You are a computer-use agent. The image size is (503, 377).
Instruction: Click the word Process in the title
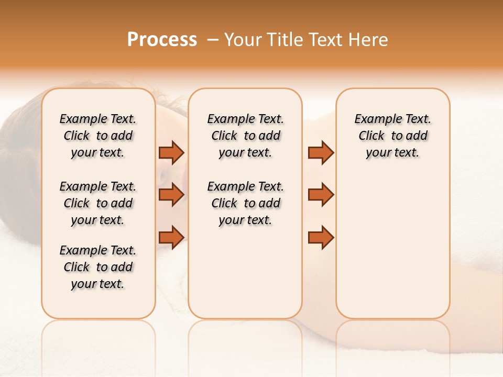tap(162, 40)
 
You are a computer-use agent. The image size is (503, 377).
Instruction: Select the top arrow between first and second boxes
tap(171, 152)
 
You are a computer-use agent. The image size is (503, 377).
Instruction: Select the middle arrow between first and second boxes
tap(171, 195)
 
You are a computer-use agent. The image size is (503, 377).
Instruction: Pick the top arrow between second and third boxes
tap(321, 152)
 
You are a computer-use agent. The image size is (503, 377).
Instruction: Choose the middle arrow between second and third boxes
tap(321, 195)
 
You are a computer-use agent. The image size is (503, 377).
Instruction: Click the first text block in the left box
tap(98, 136)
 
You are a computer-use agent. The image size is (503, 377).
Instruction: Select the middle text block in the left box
tap(98, 203)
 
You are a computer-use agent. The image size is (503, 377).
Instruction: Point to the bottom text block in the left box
tap(98, 267)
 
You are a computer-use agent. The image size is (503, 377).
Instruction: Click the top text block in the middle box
tap(245, 136)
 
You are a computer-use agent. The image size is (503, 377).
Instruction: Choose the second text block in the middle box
tap(245, 203)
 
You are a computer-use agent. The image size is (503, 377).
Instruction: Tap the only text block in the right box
tap(393, 136)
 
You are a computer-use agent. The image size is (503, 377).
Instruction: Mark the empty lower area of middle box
tap(245, 272)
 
